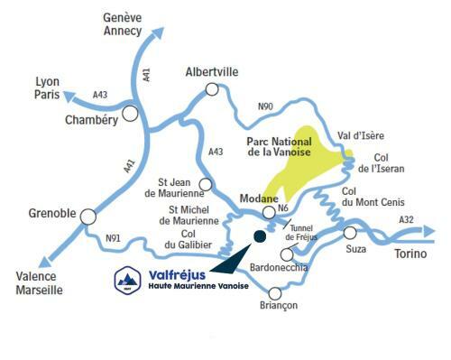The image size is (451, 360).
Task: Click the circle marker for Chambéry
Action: [131, 114]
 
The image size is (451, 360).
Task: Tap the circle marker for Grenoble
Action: [87, 217]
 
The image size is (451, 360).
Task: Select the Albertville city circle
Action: [212, 88]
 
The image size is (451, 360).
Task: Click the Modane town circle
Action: [268, 212]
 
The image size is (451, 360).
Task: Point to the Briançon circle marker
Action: [274, 291]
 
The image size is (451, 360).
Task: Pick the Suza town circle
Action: [350, 233]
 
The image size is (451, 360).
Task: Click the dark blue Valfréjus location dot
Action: [260, 236]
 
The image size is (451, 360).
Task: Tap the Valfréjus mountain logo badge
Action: [127, 280]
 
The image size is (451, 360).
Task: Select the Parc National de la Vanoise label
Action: [279, 147]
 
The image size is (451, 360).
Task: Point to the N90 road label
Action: [265, 106]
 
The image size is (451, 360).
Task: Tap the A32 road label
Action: [406, 219]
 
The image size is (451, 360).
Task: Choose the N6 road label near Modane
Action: [284, 208]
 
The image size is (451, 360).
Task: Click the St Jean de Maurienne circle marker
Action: [205, 184]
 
